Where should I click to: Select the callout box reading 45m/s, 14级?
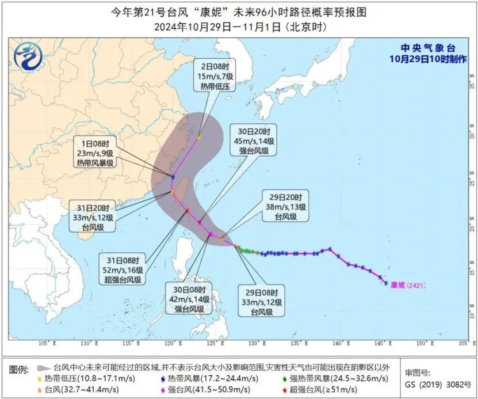(252, 139)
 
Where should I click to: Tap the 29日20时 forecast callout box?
(286, 206)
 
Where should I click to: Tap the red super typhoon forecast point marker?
(187, 211)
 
